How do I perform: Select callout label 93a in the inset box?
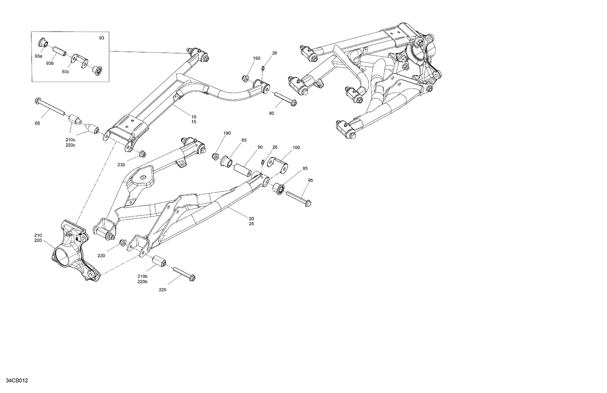38,56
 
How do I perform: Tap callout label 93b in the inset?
50,63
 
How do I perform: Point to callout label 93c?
66,72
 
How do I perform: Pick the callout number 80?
272,113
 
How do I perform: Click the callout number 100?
296,148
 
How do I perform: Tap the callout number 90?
260,147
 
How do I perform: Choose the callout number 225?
162,289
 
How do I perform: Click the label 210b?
142,276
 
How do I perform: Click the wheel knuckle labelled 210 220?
73,251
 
